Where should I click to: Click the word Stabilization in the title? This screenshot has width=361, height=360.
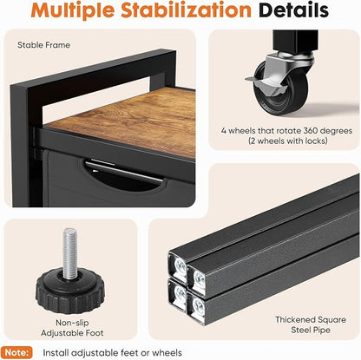coord(186,10)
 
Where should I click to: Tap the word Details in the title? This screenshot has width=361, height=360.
coord(294,10)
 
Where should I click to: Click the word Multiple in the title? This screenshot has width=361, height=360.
coord(73,11)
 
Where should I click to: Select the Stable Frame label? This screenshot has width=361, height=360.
coord(43,45)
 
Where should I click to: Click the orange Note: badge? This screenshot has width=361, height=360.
coord(17,352)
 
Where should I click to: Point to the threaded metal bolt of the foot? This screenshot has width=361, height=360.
coord(70,253)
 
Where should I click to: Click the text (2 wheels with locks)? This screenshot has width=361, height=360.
coord(288,141)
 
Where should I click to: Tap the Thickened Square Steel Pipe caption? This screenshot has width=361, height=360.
coord(311,324)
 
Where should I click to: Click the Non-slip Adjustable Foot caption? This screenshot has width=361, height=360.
coord(72,328)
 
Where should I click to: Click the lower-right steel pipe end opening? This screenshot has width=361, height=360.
coord(197,306)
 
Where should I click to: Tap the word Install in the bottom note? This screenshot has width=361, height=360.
coord(56,353)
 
